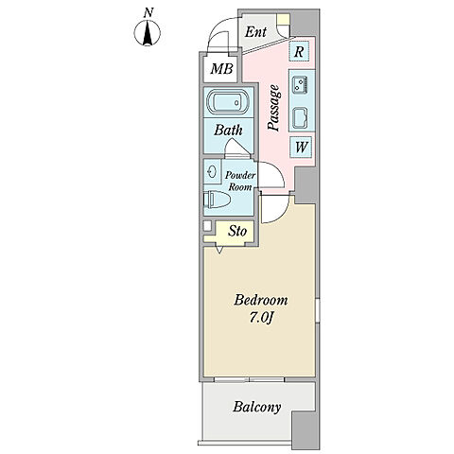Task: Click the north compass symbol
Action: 148,33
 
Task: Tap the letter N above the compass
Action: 148,12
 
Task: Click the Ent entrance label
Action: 255,32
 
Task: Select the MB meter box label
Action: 222,69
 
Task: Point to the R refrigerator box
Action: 299,51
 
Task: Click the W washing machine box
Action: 301,147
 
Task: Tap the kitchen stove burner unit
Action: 299,85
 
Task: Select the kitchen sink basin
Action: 300,118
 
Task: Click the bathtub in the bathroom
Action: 228,102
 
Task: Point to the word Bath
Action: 228,130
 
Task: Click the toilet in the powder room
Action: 217,200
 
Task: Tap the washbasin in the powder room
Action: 212,172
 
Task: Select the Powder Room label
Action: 240,181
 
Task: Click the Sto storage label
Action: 237,231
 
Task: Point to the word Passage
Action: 273,108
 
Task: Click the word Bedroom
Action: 261,300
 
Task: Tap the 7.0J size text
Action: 261,318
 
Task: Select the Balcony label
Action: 257,407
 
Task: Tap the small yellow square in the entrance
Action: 283,19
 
